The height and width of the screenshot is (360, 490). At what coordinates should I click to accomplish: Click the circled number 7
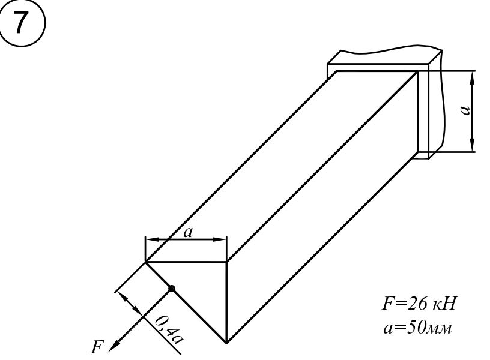[x=22, y=23]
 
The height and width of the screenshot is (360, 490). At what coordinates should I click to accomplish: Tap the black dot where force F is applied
[x=172, y=289]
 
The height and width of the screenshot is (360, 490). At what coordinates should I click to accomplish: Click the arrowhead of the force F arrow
[x=113, y=346]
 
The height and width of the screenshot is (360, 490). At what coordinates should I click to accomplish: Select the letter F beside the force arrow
[x=97, y=347]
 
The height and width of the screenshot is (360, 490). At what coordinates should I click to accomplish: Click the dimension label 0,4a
[x=169, y=329]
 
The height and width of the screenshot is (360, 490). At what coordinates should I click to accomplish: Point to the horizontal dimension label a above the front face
[x=188, y=232]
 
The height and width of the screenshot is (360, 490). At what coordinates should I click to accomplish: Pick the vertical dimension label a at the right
[x=465, y=110]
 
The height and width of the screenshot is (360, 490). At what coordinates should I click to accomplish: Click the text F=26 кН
[x=419, y=303]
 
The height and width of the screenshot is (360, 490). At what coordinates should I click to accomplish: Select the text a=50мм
[x=417, y=328]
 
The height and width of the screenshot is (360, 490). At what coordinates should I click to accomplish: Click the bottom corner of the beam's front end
[x=226, y=343]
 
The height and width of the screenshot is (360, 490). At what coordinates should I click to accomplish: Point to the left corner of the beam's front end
[x=146, y=262]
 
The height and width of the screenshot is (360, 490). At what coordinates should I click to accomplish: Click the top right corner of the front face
[x=226, y=262]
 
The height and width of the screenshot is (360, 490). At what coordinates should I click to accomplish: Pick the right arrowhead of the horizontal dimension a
[x=219, y=239]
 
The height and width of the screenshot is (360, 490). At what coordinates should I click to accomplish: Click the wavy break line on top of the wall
[x=391, y=49]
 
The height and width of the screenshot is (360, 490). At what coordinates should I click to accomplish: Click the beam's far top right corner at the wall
[x=418, y=71]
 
